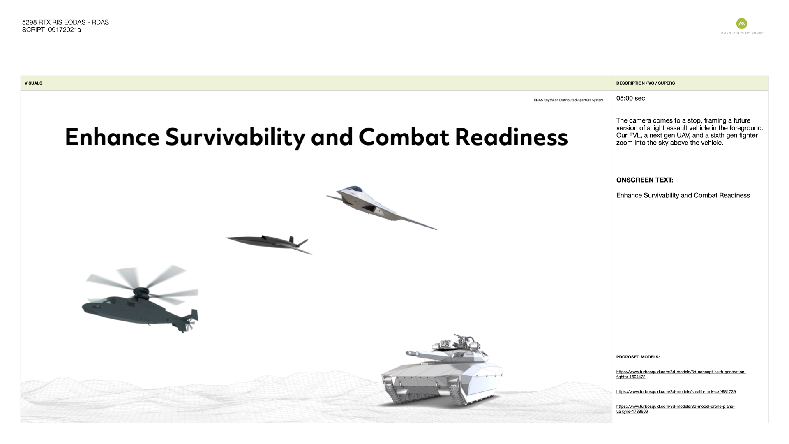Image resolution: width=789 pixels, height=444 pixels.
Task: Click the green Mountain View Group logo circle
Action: coord(742,23)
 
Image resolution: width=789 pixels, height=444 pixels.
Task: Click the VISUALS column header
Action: coord(33,83)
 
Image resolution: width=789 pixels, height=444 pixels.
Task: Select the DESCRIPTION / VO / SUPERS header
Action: coord(646,83)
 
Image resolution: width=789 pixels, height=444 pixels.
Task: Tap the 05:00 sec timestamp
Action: coord(631,98)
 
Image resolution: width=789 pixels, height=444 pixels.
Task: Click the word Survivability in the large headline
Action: coord(235,137)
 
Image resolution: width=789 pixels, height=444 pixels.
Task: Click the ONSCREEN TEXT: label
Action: coord(645,180)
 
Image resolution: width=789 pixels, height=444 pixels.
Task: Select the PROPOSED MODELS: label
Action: coord(638,357)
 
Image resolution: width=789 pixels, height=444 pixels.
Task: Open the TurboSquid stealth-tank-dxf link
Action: coord(676,391)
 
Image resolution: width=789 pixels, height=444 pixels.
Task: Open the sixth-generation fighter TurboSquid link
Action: coord(681,374)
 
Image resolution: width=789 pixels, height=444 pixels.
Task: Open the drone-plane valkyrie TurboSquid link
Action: coord(676,409)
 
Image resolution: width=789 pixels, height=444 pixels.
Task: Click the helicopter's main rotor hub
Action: coord(143,292)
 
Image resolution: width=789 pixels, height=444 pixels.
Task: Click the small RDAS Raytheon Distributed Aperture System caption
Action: coord(568,100)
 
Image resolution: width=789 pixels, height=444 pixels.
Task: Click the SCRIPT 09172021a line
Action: coord(51,30)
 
